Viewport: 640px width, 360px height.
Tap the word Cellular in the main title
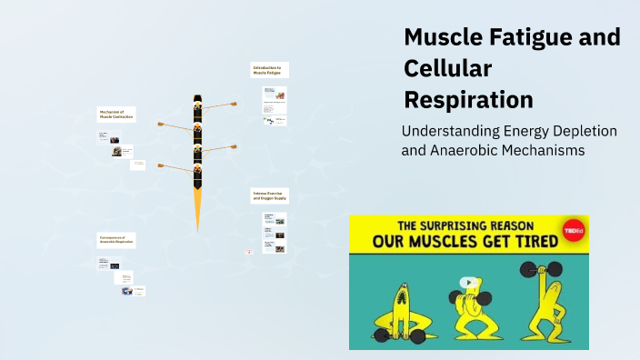point(447,68)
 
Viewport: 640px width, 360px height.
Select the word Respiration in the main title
point(468,98)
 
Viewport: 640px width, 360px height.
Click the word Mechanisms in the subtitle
point(536,150)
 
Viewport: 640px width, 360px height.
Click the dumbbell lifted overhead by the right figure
point(541,270)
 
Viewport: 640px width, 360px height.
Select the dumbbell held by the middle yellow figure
point(469,297)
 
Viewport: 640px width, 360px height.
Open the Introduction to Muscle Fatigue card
point(269,70)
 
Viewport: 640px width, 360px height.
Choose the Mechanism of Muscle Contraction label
point(116,114)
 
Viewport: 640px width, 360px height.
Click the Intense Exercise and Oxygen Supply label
point(269,196)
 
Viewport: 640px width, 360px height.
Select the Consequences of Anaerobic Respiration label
point(116,241)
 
